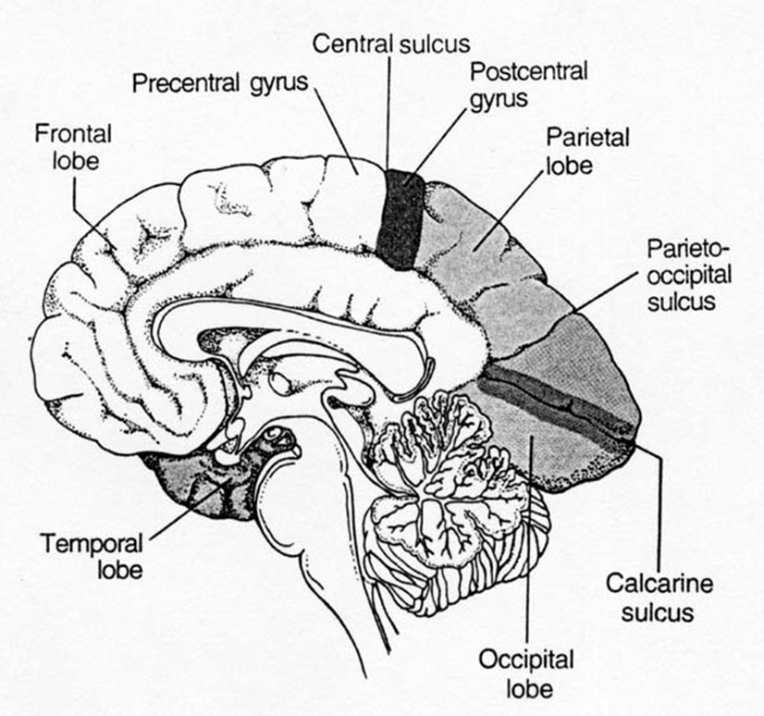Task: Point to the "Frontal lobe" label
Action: click(x=74, y=146)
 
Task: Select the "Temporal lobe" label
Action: click(x=91, y=553)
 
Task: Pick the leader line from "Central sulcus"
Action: click(x=388, y=111)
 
